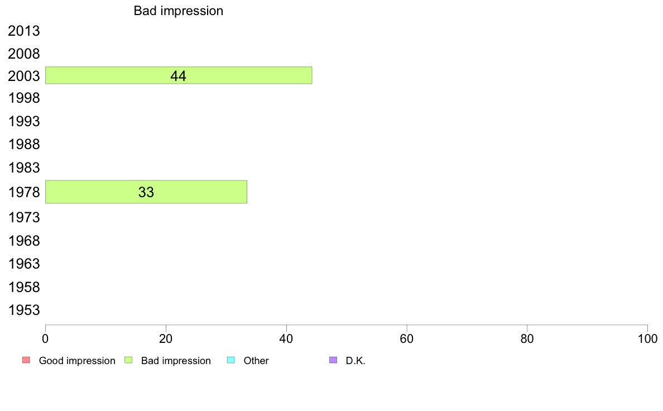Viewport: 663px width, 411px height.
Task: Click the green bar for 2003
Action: pyautogui.click(x=179, y=75)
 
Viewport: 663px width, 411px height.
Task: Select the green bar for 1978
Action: pyautogui.click(x=146, y=192)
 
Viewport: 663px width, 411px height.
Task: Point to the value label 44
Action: pyautogui.click(x=178, y=76)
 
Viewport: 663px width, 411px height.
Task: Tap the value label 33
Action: pyautogui.click(x=146, y=192)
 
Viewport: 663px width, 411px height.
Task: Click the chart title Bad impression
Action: pyautogui.click(x=179, y=11)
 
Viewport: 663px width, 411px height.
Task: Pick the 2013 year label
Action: pyautogui.click(x=23, y=31)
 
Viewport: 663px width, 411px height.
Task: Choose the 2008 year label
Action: pyautogui.click(x=23, y=54)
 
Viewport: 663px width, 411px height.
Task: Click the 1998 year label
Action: pyautogui.click(x=23, y=98)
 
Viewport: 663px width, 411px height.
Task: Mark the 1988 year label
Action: pyautogui.click(x=23, y=144)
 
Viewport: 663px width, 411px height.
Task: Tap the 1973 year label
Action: pyautogui.click(x=23, y=217)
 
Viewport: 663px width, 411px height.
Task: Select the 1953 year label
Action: pyautogui.click(x=23, y=310)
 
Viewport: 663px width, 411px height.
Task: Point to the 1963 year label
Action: pyautogui.click(x=23, y=264)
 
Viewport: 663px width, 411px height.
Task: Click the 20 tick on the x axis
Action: pyautogui.click(x=166, y=338)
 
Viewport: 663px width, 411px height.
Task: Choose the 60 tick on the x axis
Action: pyautogui.click(x=406, y=338)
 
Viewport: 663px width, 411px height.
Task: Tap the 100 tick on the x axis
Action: pyautogui.click(x=647, y=338)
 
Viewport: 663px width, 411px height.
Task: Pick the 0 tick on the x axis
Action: pyautogui.click(x=45, y=338)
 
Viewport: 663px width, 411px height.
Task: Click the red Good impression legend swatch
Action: pyautogui.click(x=26, y=360)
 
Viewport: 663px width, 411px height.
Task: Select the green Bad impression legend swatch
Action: pyautogui.click(x=128, y=360)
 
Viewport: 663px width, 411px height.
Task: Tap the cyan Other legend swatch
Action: pyautogui.click(x=231, y=360)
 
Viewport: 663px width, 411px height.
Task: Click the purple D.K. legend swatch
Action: pyautogui.click(x=333, y=360)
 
